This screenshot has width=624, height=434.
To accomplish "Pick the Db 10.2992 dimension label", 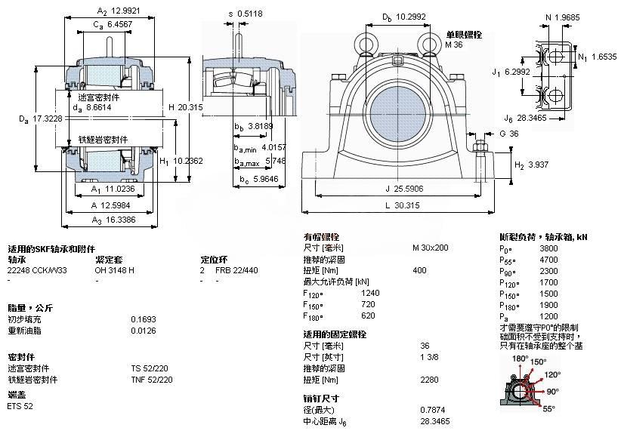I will pos(401,17).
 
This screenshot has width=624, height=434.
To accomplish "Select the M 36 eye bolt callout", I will pos(453,45).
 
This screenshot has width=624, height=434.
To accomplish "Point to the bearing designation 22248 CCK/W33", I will pos(37,269).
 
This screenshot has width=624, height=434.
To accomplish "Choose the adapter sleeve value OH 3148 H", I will pos(115,269).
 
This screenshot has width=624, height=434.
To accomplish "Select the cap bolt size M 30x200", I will pos(430,248).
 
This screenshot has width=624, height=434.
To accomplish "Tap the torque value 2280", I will pos(429,380).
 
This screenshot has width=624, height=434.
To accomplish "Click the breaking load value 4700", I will pos(549,258).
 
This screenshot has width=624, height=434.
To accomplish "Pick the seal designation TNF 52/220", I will pos(152,380).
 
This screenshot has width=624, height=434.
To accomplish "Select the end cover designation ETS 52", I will pos(20,406).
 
